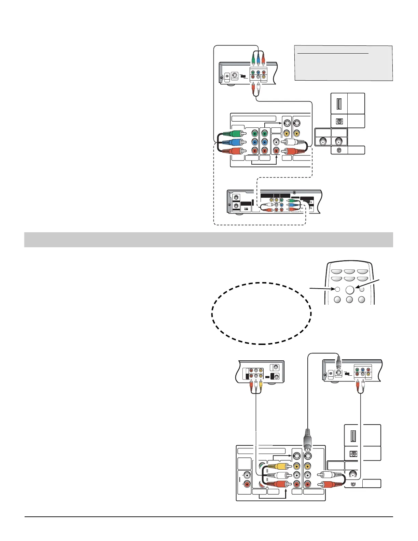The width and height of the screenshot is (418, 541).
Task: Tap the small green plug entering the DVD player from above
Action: [253, 60]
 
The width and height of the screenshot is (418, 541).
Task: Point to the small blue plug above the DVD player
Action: [258, 60]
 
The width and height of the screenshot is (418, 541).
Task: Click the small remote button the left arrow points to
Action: [337, 289]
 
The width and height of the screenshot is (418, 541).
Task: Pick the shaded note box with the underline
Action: [343, 63]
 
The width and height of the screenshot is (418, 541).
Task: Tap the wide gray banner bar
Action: [208, 240]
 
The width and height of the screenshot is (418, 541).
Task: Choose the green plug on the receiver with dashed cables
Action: [291, 201]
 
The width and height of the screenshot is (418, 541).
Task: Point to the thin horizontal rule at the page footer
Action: [208, 517]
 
